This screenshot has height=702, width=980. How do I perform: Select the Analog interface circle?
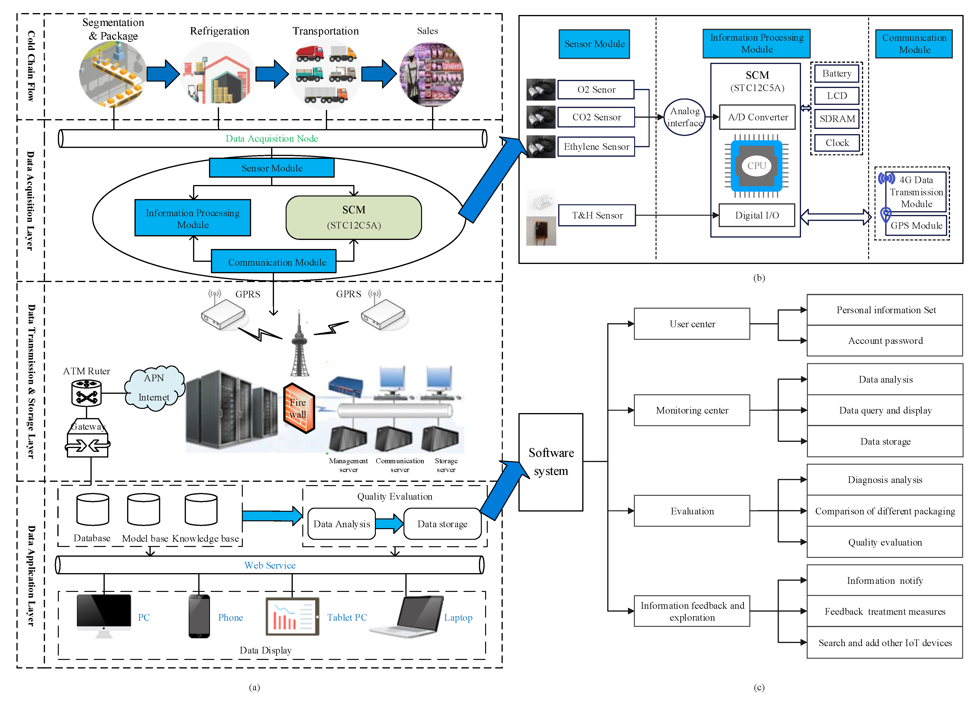(684, 117)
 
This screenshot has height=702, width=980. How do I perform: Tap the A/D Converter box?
(757, 117)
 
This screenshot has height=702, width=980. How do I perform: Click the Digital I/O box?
(757, 215)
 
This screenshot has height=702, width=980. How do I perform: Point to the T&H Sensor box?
(597, 215)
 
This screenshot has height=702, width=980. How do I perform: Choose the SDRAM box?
(837, 119)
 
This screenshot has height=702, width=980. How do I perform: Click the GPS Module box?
(916, 225)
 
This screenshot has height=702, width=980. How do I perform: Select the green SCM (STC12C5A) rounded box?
(353, 217)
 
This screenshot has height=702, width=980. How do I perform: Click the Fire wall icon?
(298, 408)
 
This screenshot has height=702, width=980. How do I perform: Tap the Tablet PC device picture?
(293, 617)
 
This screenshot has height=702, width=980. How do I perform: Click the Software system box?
(551, 462)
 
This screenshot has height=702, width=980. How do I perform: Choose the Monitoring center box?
(692, 410)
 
